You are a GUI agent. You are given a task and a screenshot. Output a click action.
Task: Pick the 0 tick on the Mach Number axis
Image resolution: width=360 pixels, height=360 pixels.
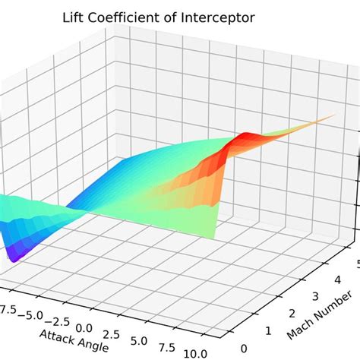click(x=242, y=349)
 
